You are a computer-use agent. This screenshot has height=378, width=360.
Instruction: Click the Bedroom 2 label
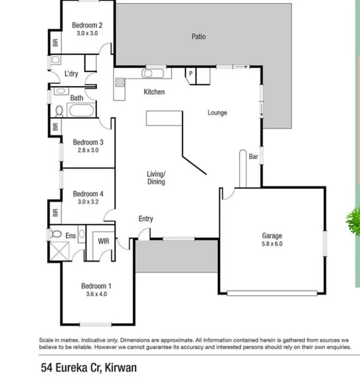(87, 25)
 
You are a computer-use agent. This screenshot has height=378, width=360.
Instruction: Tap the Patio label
(198, 37)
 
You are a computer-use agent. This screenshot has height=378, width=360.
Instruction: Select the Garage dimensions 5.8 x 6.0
(271, 243)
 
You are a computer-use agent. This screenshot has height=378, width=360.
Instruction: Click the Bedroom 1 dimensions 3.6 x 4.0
(96, 294)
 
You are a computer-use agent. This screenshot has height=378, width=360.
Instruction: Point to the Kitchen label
(154, 92)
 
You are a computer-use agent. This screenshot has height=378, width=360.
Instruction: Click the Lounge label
(217, 112)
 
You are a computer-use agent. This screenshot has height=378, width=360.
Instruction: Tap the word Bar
(253, 157)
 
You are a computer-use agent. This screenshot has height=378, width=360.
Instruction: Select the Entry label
(145, 219)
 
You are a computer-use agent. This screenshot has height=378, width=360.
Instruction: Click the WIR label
(104, 241)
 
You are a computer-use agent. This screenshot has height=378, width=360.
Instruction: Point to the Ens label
(71, 235)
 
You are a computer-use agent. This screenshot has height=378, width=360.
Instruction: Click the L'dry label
(71, 74)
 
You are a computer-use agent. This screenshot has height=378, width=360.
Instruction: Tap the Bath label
(77, 98)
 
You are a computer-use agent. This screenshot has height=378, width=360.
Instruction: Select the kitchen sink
(153, 73)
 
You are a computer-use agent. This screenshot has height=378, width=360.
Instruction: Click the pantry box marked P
(190, 74)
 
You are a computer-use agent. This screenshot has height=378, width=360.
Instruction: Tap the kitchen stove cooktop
(120, 83)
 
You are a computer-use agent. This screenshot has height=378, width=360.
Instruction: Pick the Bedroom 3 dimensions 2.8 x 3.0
(87, 150)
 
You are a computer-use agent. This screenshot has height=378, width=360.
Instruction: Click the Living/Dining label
(156, 177)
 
